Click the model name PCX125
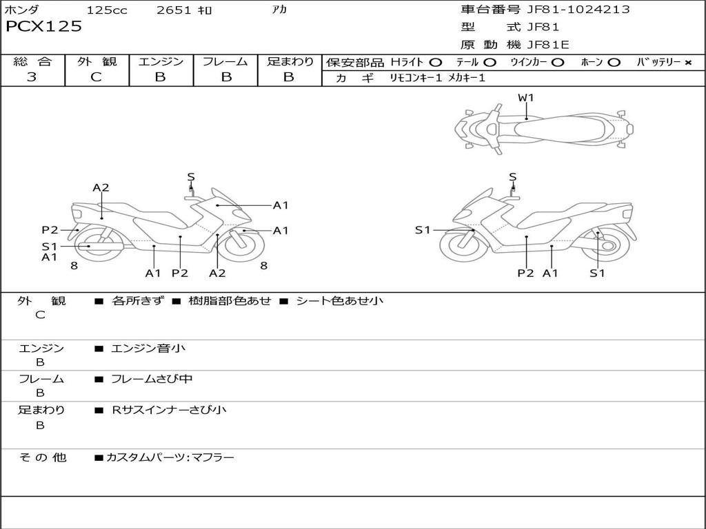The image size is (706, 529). pos(43,26)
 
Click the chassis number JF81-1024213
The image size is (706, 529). pos(578,9)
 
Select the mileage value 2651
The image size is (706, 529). pos(174,10)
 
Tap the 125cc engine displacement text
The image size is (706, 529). pos(107,10)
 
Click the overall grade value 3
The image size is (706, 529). pos(32,77)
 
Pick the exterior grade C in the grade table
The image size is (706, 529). pos(96,77)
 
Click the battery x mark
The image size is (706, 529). pos(688,63)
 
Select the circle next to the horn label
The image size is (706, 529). pos(614,63)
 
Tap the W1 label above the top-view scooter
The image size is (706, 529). pos(525,98)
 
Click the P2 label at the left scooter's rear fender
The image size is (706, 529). pos(50,230)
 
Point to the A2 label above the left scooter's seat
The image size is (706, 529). pos(101,187)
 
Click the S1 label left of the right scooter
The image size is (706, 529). pos(423,230)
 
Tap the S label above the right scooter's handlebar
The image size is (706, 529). pos(512,177)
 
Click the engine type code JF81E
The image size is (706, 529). pos(548,45)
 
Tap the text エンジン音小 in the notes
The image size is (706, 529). pos(148,348)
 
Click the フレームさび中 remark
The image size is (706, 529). pos(152,379)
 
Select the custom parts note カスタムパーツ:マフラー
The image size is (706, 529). pos(170,457)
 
